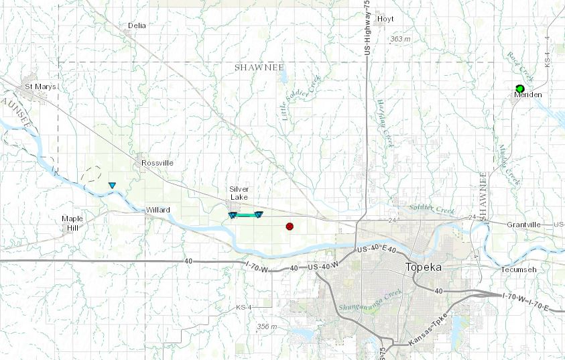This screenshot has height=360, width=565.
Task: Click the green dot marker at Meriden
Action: (520, 88)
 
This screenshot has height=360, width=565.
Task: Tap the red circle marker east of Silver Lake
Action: (290, 227)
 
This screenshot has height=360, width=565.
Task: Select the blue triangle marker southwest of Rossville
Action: (112, 185)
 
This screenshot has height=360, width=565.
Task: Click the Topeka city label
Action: (424, 267)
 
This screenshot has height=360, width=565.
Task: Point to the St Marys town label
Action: (40, 87)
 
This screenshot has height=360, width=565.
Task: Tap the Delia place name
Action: (137, 25)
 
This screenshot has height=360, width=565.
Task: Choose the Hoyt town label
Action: (385, 19)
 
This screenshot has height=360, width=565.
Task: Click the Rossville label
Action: (158, 163)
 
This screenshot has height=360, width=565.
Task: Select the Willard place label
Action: (158, 210)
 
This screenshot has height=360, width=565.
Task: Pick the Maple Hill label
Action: (72, 223)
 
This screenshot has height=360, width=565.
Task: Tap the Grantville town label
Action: (523, 224)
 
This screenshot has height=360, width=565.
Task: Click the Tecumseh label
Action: (519, 269)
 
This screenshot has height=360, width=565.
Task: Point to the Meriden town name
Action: (527, 95)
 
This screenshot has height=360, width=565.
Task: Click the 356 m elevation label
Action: (266, 326)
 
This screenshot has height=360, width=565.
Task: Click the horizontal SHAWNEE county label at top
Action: (260, 68)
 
